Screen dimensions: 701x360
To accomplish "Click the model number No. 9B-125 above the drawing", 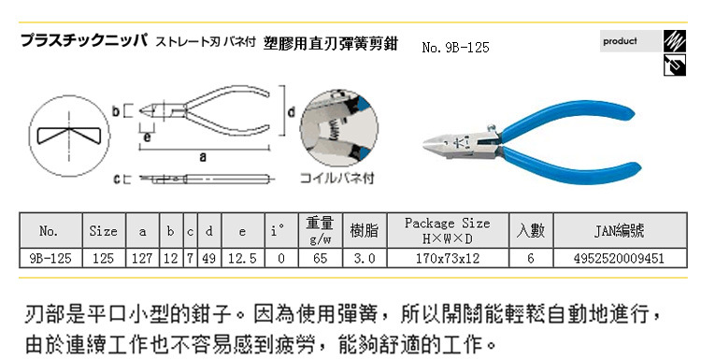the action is click(x=455, y=48).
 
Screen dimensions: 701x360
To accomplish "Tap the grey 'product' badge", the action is click(x=630, y=41).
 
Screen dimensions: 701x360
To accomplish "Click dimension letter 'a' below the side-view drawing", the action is click(x=203, y=157).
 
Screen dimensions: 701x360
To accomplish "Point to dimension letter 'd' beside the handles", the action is click(x=291, y=111).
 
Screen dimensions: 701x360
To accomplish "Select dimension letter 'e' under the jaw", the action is click(x=147, y=137).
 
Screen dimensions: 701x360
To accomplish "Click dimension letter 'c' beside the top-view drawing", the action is click(x=117, y=180).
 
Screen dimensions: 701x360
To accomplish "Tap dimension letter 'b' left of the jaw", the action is click(x=116, y=110).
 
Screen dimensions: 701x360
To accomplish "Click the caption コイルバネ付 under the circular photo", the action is click(x=336, y=178).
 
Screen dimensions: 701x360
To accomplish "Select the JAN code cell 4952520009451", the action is click(x=620, y=258).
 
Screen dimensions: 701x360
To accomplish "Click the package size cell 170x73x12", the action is click(x=448, y=258).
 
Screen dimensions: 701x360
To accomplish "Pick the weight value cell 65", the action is click(x=320, y=258).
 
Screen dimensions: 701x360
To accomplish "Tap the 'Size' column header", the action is click(x=104, y=231).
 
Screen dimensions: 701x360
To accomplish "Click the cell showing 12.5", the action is click(x=243, y=258).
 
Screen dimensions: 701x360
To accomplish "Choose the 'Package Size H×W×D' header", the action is click(x=448, y=231).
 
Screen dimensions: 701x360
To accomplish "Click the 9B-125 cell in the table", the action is click(x=50, y=258).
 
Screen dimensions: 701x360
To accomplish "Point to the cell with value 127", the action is click(x=143, y=258).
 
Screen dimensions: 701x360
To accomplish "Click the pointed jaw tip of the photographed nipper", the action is click(x=424, y=144).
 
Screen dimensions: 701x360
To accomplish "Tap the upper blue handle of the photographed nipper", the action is click(x=567, y=116).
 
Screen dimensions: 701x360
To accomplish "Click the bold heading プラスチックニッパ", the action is click(x=84, y=41).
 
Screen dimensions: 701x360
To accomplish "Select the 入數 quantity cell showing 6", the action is click(x=531, y=258).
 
